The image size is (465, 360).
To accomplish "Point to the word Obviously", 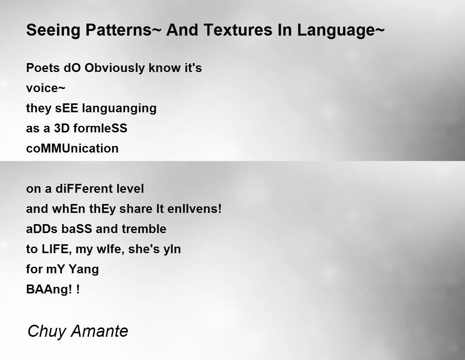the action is tap(115, 69).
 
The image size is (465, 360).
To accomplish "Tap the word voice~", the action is tap(46, 88).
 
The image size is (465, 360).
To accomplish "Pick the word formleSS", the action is tap(100, 128).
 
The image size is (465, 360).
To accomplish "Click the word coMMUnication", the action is tap(72, 148).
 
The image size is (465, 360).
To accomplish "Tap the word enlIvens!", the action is tap(194, 209).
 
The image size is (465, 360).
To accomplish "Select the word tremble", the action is tap(144, 229).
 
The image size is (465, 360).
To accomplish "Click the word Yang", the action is tap(84, 269).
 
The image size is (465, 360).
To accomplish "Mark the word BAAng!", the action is tap(49, 290).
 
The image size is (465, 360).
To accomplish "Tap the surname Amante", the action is tap(100, 331).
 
